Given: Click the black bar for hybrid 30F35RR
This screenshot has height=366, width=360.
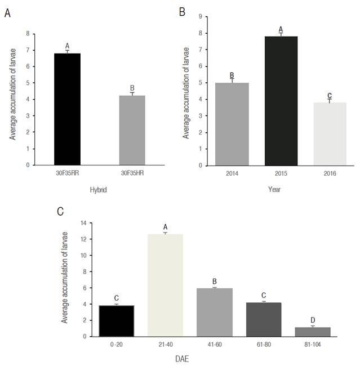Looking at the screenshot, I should click(x=67, y=109).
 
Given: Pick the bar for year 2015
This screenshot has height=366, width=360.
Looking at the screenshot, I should click(x=281, y=101).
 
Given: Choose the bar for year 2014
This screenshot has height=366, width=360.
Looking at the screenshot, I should click(x=232, y=124).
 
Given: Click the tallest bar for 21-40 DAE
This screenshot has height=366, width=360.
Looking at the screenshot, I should click(x=165, y=285).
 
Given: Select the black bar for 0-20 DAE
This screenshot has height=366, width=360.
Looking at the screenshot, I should click(x=115, y=320).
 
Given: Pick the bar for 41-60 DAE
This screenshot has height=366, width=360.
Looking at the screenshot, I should click(x=214, y=312).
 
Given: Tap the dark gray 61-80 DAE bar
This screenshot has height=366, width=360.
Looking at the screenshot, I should click(x=264, y=319).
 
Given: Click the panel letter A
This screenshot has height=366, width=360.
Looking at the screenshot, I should click(x=7, y=14).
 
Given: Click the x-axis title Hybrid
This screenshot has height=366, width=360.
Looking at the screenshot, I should click(x=99, y=190).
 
